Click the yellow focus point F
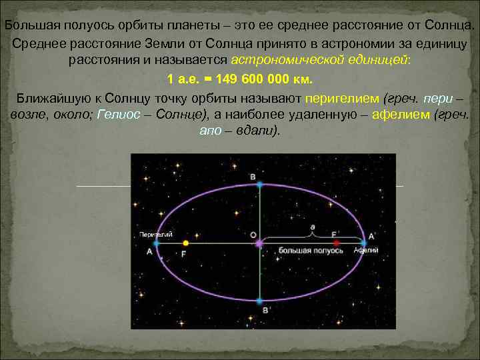(185, 243)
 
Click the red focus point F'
(337, 243)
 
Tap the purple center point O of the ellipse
(259, 244)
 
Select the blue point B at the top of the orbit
(260, 183)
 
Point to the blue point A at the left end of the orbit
(157, 244)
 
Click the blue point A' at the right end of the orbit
(363, 243)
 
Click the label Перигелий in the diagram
(157, 235)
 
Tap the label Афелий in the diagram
(366, 250)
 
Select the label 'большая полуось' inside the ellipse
(299, 251)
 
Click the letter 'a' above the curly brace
(312, 227)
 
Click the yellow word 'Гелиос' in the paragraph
(119, 114)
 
